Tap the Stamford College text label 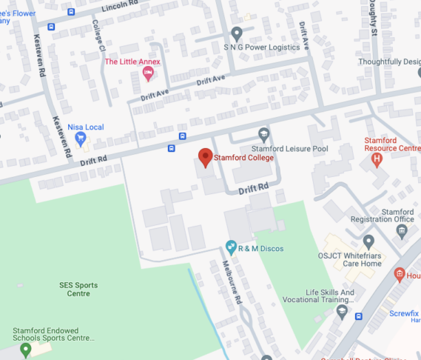click(x=243, y=158)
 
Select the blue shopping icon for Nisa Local click(x=81, y=139)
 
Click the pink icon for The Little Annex click(x=148, y=73)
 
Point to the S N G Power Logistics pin click(x=237, y=33)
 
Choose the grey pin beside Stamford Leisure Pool click(x=264, y=134)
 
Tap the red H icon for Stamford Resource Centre click(x=377, y=157)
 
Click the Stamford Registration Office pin click(x=402, y=230)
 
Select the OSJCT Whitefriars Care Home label click(x=351, y=259)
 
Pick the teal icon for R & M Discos click(x=232, y=247)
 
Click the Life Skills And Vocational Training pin click(x=342, y=311)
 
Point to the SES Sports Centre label click(x=78, y=289)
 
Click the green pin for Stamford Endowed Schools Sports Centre click(x=26, y=349)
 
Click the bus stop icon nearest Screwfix click(x=359, y=316)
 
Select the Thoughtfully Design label click(x=389, y=62)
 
